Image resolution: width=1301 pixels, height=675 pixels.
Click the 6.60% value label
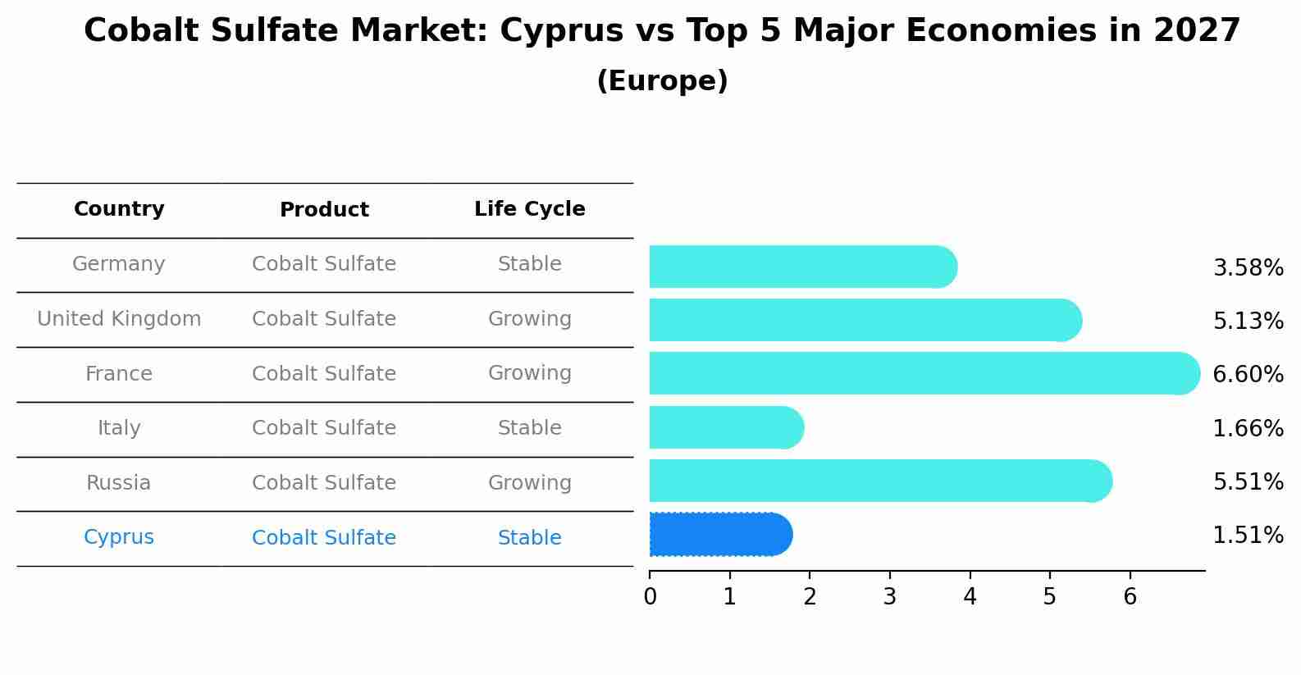(x=1248, y=375)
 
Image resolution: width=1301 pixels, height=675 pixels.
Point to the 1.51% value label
(x=1248, y=536)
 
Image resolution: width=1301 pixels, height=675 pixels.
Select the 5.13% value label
(x=1248, y=322)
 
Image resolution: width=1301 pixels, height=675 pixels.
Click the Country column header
(x=119, y=209)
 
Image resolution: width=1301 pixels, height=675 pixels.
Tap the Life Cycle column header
(x=529, y=209)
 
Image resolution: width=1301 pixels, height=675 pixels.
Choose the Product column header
(x=324, y=210)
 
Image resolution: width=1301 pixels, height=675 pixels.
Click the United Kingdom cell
(x=119, y=319)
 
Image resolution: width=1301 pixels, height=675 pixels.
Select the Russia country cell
(x=119, y=483)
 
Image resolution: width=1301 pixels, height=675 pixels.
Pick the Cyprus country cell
(x=119, y=537)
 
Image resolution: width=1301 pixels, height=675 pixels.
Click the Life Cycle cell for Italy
(x=529, y=428)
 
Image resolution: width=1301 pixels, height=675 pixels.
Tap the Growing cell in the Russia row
(x=529, y=483)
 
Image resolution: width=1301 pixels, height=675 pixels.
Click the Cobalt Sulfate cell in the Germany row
(x=324, y=264)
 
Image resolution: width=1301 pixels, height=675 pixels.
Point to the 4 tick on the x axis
(x=970, y=596)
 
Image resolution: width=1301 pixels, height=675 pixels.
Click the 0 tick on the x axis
(x=650, y=596)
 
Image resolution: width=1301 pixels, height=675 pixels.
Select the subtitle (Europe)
(x=662, y=81)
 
